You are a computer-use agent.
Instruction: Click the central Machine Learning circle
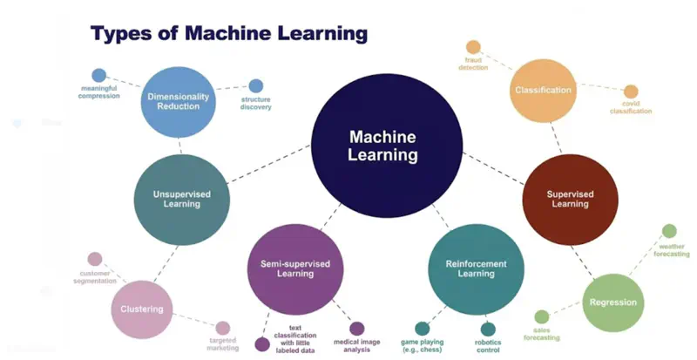(x=383, y=146)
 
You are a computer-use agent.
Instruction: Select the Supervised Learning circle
(x=570, y=199)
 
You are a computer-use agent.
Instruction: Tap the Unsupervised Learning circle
(x=181, y=198)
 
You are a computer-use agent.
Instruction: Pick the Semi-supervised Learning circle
(x=294, y=267)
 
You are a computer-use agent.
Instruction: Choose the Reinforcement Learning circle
(x=477, y=268)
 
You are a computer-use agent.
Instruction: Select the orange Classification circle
(x=543, y=90)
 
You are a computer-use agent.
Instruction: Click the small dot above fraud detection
(x=473, y=47)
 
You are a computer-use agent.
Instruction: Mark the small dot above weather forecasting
(x=669, y=231)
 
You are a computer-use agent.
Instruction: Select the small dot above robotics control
(x=488, y=329)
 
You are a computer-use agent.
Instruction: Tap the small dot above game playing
(x=423, y=329)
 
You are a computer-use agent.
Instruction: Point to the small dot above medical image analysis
(x=357, y=329)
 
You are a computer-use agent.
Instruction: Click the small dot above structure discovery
(x=256, y=86)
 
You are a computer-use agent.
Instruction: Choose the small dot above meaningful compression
(x=99, y=76)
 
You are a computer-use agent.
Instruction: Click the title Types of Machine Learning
(x=229, y=34)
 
